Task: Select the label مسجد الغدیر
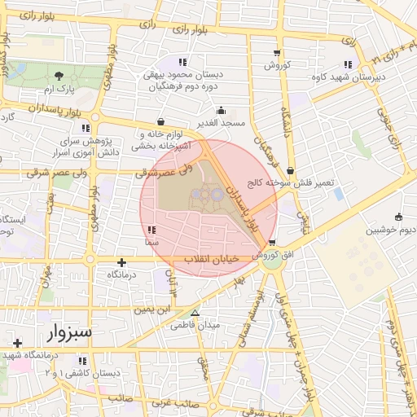221,123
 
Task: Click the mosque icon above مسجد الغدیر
221,111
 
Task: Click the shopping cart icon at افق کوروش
271,243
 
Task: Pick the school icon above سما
153,230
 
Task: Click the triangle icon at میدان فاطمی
194,313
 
